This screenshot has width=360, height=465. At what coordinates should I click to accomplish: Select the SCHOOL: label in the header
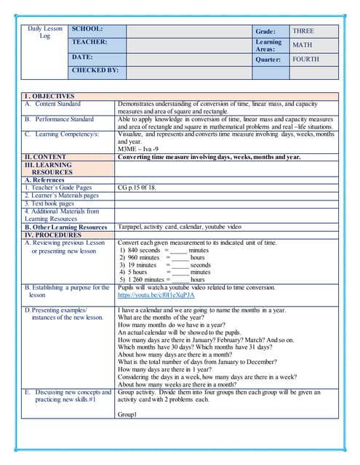pyautogui.click(x=87, y=28)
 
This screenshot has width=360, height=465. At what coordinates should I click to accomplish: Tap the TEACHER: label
pyautogui.click(x=89, y=42)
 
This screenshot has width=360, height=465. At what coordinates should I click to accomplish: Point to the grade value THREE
pyautogui.click(x=303, y=31)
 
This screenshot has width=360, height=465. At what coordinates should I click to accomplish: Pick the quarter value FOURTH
pyautogui.click(x=305, y=60)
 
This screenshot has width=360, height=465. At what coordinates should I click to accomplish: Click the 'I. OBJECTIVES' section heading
pyautogui.click(x=49, y=96)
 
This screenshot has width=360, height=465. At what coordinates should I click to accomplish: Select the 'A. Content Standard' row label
pyautogui.click(x=52, y=104)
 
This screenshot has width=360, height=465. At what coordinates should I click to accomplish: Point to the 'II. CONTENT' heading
pyautogui.click(x=45, y=157)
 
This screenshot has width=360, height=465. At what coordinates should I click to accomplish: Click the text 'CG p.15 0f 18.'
pyautogui.click(x=137, y=187)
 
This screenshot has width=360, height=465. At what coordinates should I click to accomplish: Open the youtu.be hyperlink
pyautogui.click(x=156, y=296)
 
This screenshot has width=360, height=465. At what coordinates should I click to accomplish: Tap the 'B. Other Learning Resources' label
pyautogui.click(x=65, y=227)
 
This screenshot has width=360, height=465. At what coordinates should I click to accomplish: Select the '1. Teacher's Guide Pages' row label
pyautogui.click(x=58, y=187)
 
